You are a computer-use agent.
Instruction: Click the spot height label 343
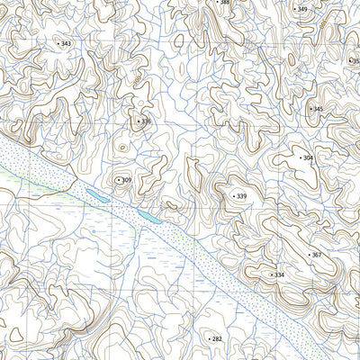(x=67, y=43)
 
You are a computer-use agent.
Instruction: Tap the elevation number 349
(x=302, y=9)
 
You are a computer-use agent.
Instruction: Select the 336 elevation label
(x=147, y=121)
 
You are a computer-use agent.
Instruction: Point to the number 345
(x=318, y=109)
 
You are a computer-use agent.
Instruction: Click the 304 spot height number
(x=308, y=157)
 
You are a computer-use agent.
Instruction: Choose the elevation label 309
(x=127, y=180)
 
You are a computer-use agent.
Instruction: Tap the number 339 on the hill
(x=241, y=196)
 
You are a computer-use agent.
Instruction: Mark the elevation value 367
(x=316, y=255)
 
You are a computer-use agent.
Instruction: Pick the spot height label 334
(x=279, y=274)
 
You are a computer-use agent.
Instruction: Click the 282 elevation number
(x=217, y=338)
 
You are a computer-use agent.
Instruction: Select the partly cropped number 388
(x=225, y=3)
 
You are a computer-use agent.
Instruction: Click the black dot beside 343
(x=58, y=43)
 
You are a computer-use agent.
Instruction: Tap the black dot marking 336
(x=138, y=121)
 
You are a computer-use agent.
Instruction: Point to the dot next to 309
(x=118, y=180)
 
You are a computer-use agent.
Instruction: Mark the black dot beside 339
(x=232, y=196)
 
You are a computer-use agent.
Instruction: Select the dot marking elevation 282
(x=208, y=338)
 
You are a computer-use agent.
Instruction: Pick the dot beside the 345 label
(x=309, y=109)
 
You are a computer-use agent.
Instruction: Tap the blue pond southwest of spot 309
(x=94, y=193)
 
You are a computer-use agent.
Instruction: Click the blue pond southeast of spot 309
(x=148, y=216)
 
